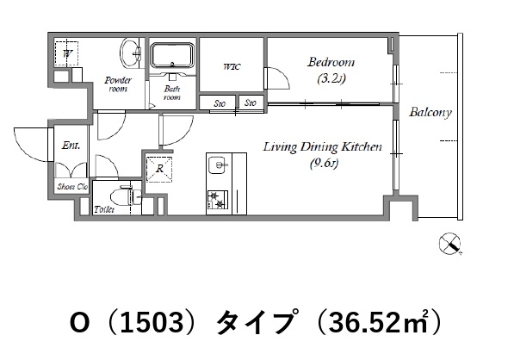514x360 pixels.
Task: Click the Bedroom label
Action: click(x=331, y=62)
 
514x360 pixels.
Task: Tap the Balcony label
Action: click(x=430, y=113)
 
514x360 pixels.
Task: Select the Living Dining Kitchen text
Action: click(x=323, y=147)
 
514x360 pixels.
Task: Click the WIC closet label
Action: click(x=232, y=67)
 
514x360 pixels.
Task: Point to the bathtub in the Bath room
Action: click(x=172, y=55)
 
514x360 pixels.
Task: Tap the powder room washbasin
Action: click(x=131, y=53)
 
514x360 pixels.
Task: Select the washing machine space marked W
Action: click(x=67, y=53)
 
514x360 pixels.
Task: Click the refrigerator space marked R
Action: click(x=159, y=169)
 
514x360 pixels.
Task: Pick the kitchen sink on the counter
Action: click(x=217, y=164)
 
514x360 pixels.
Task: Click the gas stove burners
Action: click(x=217, y=200)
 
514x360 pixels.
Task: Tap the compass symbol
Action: click(x=450, y=244)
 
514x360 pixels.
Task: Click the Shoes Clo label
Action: click(x=72, y=187)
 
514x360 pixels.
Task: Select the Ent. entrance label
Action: click(x=71, y=146)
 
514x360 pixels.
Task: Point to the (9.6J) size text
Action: click(x=324, y=164)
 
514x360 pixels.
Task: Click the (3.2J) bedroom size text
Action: click(x=331, y=78)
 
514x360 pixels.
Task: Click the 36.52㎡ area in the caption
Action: click(x=379, y=321)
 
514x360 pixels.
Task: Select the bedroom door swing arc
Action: click(x=282, y=77)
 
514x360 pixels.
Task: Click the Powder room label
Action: click(x=118, y=84)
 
